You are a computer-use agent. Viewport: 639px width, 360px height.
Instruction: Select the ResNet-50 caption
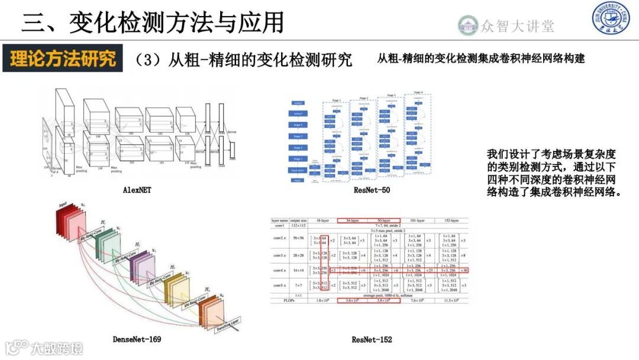(372, 190)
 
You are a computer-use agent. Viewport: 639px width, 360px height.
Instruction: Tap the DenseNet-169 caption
(137, 339)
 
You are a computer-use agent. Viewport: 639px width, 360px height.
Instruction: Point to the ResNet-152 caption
(372, 339)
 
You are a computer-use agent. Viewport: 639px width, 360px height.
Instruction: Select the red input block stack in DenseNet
(69, 223)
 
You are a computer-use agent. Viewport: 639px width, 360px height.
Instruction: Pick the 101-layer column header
(417, 220)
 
